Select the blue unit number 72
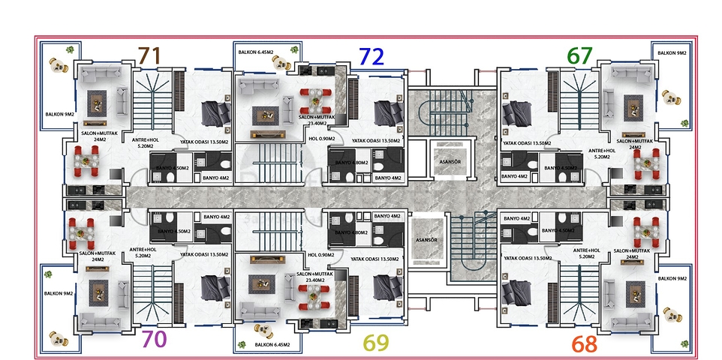[372, 55]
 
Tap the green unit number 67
[579, 55]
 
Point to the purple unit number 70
[154, 340]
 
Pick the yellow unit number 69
[376, 342]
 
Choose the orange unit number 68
[584, 343]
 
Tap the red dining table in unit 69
[312, 294]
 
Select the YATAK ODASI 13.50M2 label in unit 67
[527, 142]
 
